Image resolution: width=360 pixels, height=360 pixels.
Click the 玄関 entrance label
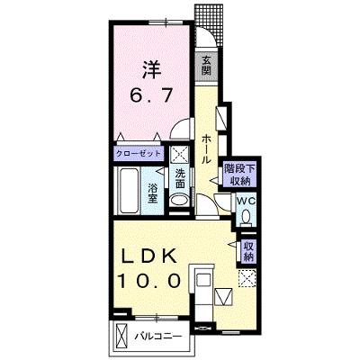pyautogui.click(x=206, y=66)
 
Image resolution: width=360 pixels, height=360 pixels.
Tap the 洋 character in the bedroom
pyautogui.click(x=151, y=69)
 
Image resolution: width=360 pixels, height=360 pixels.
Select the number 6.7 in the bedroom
pyautogui.click(x=151, y=95)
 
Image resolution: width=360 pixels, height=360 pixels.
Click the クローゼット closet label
pyautogui.click(x=139, y=154)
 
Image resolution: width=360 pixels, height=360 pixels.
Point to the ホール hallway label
pyautogui.click(x=205, y=149)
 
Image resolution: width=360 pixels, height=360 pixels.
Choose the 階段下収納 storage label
pyautogui.click(x=239, y=175)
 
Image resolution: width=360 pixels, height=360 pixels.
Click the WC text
pyautogui.click(x=246, y=201)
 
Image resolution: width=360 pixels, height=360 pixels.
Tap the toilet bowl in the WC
pyautogui.click(x=247, y=217)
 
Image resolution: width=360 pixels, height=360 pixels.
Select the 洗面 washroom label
pyautogui.click(x=180, y=178)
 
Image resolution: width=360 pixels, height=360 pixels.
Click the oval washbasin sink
pyautogui.click(x=179, y=200)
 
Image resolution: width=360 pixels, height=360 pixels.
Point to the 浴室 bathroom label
pyautogui.click(x=153, y=193)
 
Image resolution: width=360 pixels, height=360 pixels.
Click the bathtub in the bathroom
pyautogui.click(x=128, y=191)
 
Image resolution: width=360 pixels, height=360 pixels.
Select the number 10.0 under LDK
pyautogui.click(x=149, y=282)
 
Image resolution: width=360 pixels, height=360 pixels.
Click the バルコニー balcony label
pyautogui.click(x=157, y=336)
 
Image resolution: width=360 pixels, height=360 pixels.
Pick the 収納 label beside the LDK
pyautogui.click(x=248, y=251)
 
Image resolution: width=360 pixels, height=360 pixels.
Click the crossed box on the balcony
pyautogui.click(x=121, y=336)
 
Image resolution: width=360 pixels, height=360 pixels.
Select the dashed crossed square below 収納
pyautogui.click(x=247, y=278)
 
